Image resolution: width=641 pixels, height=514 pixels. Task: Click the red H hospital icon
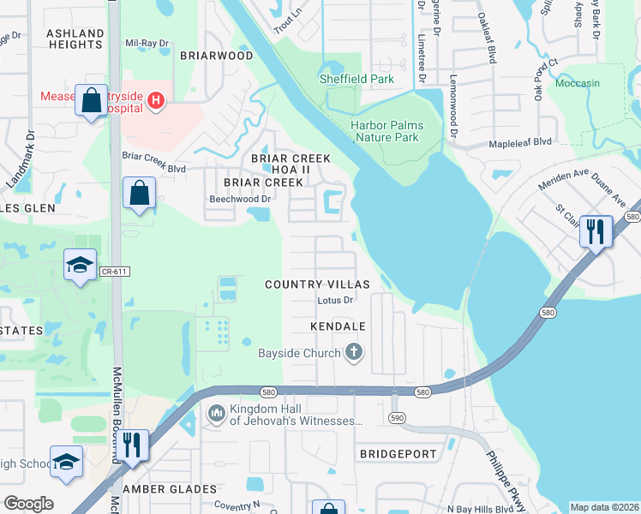(x=155, y=102)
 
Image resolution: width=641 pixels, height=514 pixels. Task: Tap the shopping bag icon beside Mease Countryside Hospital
(x=90, y=101)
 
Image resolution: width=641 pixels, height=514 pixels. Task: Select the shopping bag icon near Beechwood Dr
(x=138, y=194)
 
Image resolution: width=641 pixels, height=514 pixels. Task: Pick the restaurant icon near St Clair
(x=595, y=231)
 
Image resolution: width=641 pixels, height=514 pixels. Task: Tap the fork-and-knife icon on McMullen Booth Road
(x=131, y=446)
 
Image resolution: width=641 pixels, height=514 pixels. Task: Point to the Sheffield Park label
(x=356, y=79)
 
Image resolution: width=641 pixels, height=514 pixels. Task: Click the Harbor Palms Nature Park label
(x=386, y=131)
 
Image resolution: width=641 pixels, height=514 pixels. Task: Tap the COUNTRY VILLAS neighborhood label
(x=316, y=284)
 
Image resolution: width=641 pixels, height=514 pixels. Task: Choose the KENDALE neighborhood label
(x=338, y=326)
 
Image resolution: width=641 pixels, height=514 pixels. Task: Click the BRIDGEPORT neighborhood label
(x=398, y=453)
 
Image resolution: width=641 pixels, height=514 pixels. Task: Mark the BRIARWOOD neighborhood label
(x=216, y=56)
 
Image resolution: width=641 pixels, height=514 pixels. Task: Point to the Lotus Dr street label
(x=335, y=301)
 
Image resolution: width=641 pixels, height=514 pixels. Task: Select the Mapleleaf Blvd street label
(x=519, y=142)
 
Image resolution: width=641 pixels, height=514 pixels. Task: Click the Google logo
(x=28, y=504)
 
